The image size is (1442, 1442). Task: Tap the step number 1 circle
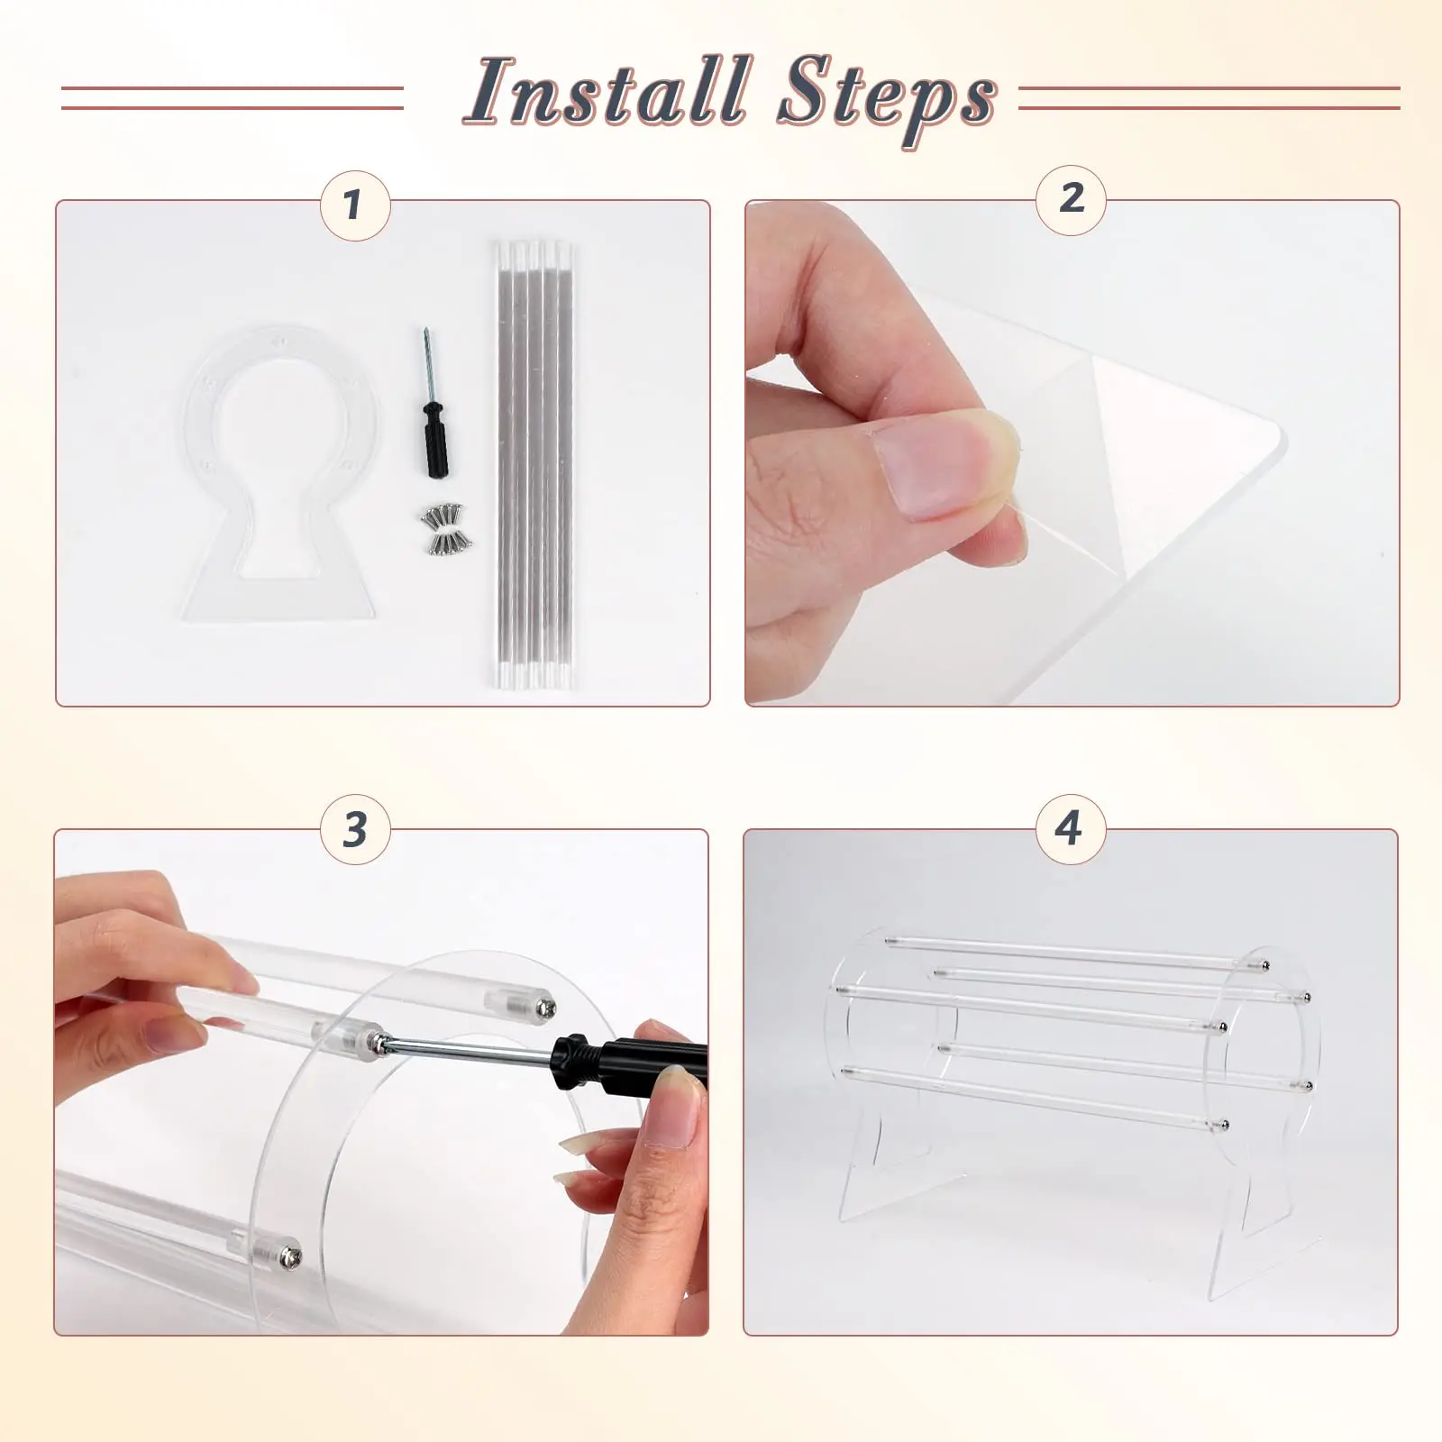click(x=355, y=205)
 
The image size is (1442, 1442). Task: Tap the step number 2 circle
click(x=1072, y=200)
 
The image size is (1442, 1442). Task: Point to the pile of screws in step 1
click(x=443, y=528)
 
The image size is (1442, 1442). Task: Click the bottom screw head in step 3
click(x=291, y=1255)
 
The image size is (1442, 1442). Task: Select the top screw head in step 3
click(x=546, y=1008)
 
